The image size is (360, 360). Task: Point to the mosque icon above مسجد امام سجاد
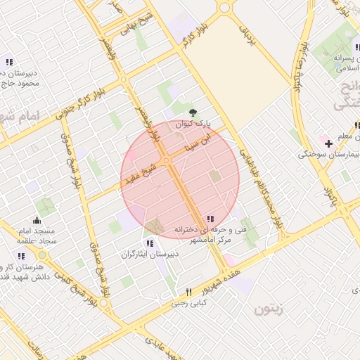(x=37, y=221)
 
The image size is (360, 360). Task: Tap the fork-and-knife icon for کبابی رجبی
(x=188, y=292)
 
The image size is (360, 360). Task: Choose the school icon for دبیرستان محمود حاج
(x=8, y=61)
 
